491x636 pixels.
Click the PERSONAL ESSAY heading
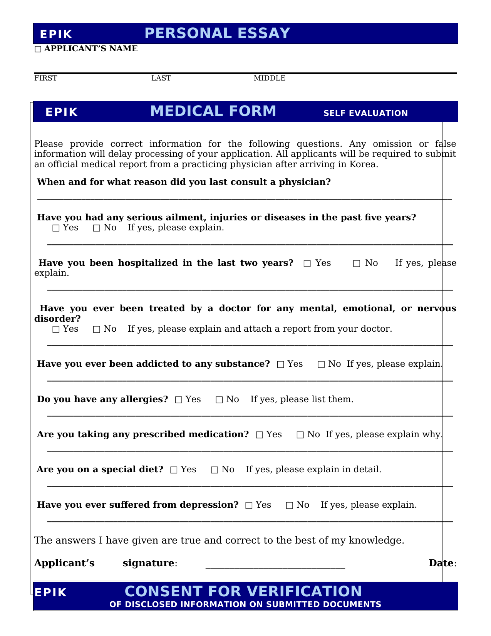pos(217,34)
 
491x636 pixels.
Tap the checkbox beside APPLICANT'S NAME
pos(38,49)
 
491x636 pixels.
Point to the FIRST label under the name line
pos(45,78)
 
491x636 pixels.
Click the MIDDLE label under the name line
pos(269,78)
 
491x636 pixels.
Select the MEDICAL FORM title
pos(213,111)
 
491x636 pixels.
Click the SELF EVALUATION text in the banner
pos(365,113)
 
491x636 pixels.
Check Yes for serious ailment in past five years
pos(56,228)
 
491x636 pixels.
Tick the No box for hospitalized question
pos(357,263)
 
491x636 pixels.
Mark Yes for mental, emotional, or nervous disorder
pos(56,329)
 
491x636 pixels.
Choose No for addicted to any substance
pos(321,364)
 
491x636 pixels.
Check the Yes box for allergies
pos(179,400)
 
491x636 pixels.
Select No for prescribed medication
pos(300,435)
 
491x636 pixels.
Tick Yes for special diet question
pos(174,470)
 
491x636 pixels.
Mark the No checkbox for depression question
pos(290,505)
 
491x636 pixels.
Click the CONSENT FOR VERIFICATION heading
pos(243,591)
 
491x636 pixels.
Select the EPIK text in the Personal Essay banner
pos(56,34)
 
